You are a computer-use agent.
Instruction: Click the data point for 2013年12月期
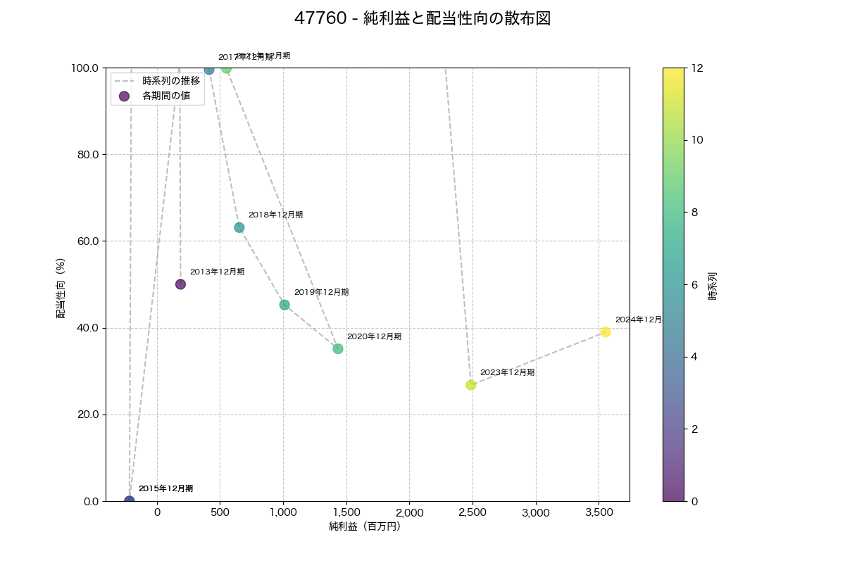click(x=180, y=284)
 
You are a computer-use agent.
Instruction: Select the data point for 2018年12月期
click(x=239, y=227)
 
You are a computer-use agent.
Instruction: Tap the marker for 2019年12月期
click(x=284, y=305)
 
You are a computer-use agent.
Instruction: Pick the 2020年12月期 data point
click(x=338, y=348)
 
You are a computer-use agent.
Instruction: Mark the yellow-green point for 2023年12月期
click(x=470, y=385)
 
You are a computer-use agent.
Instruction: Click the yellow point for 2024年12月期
click(x=606, y=332)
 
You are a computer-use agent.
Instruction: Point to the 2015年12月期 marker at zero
click(x=130, y=500)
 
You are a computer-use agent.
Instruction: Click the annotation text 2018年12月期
click(x=275, y=215)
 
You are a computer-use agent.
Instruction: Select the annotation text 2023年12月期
click(x=507, y=372)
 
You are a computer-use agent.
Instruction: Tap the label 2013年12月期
click(x=217, y=272)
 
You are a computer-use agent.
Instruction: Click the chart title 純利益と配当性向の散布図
click(x=423, y=19)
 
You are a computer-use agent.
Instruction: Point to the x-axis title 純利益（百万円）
click(x=365, y=526)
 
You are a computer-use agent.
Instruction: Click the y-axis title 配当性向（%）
click(x=61, y=284)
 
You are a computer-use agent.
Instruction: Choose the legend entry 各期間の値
click(x=166, y=96)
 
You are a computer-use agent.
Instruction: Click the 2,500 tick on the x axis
click(x=472, y=513)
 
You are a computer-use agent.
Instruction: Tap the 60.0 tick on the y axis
click(x=87, y=241)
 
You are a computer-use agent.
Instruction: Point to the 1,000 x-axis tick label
click(x=283, y=513)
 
